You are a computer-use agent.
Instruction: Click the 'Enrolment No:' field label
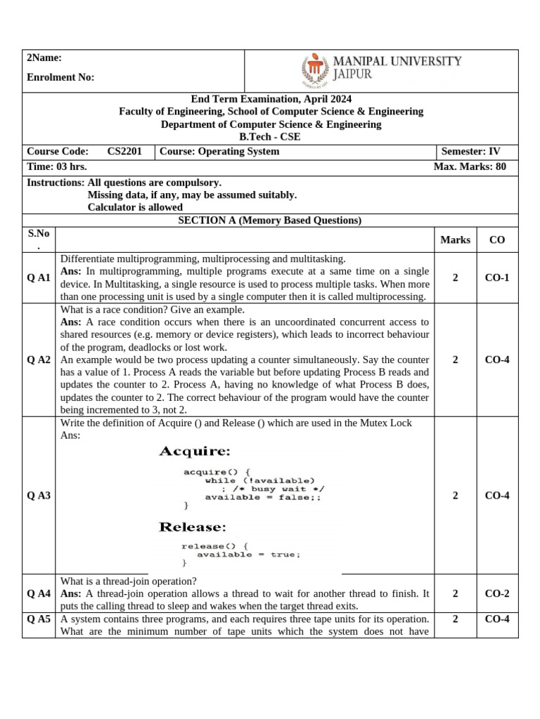click(x=60, y=77)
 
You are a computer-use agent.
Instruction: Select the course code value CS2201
click(x=124, y=152)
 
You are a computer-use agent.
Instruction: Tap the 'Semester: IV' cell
click(x=470, y=152)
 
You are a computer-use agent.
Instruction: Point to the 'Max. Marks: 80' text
click(x=470, y=167)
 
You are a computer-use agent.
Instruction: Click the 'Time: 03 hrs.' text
click(x=56, y=167)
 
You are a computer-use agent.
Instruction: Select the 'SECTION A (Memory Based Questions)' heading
click(x=270, y=220)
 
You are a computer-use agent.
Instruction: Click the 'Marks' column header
click(x=455, y=240)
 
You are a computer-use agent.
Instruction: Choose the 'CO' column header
click(x=497, y=240)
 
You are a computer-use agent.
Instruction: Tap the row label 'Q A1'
click(x=39, y=278)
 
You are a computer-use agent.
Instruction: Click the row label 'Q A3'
click(x=39, y=496)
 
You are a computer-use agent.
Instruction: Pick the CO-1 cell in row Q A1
click(x=497, y=278)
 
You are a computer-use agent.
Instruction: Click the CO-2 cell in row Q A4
click(x=497, y=593)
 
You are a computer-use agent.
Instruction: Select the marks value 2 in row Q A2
click(x=455, y=359)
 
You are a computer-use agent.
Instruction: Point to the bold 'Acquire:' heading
click(x=195, y=450)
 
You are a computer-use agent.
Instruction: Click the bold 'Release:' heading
click(x=193, y=527)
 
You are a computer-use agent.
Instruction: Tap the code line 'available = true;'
click(x=248, y=554)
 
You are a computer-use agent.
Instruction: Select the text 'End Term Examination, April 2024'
click(x=271, y=99)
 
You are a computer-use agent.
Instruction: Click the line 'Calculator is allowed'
click(x=135, y=207)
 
